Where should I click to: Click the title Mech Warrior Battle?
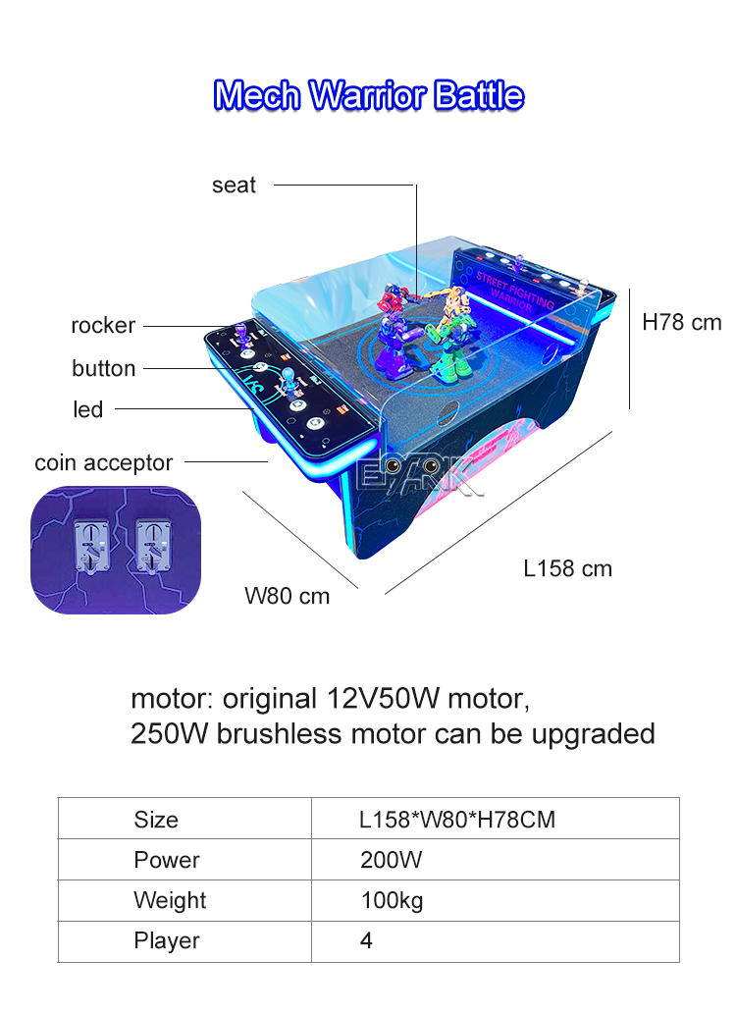368,95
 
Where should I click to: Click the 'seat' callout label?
234,186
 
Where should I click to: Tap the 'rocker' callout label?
103,325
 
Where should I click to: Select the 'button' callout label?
103,368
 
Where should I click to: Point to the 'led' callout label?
87,409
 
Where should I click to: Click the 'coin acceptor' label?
103,462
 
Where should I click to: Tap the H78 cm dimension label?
682,322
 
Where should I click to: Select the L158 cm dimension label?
567,568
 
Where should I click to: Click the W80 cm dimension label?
288,596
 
